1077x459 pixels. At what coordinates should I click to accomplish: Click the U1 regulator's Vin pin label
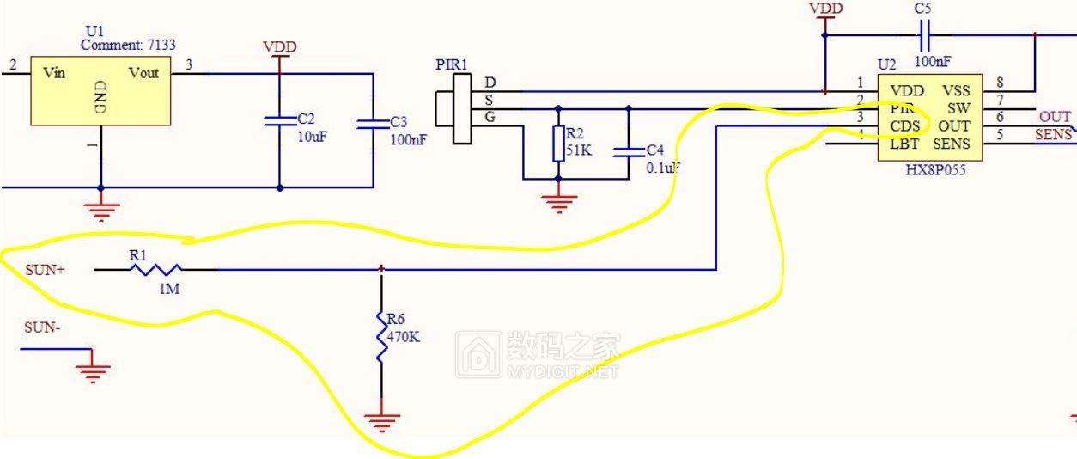pos(54,73)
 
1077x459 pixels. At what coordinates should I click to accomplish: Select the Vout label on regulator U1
pos(143,73)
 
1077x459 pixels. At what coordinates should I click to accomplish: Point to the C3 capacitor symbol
pos(373,124)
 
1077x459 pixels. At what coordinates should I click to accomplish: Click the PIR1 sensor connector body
pos(461,108)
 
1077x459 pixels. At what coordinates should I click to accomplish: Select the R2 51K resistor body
pos(558,144)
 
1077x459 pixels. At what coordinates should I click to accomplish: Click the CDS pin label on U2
pos(905,126)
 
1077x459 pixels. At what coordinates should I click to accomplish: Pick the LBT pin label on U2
pos(905,144)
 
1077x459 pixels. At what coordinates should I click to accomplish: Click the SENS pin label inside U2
pos(952,144)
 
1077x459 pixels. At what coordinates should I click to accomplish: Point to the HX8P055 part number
pos(935,170)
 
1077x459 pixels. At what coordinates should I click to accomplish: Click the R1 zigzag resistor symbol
pos(155,269)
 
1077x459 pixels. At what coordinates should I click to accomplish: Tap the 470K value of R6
pos(404,337)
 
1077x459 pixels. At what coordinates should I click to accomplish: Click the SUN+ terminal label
pos(45,270)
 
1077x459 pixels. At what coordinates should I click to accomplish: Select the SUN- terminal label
pos(42,327)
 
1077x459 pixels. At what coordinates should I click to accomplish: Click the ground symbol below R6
pos(382,421)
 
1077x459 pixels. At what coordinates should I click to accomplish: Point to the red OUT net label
pos(1055,117)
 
